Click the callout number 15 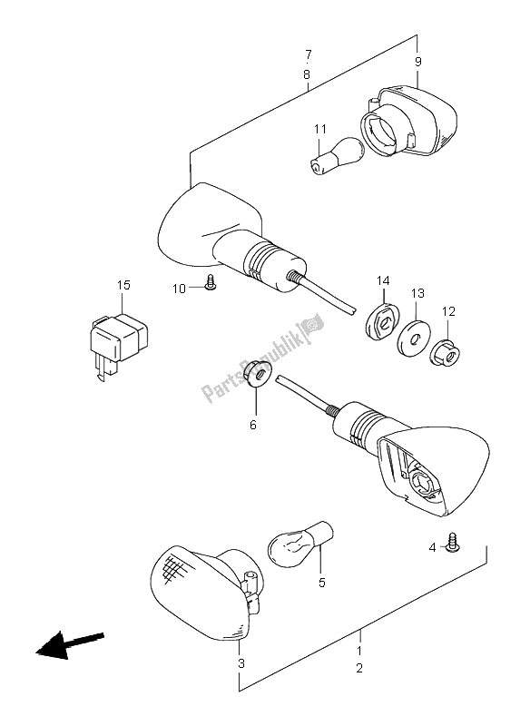(x=123, y=286)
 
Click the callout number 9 (x=418, y=62)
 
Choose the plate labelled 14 (x=383, y=319)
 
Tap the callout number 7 (x=309, y=54)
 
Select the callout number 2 (x=358, y=669)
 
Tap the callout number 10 (x=182, y=289)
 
